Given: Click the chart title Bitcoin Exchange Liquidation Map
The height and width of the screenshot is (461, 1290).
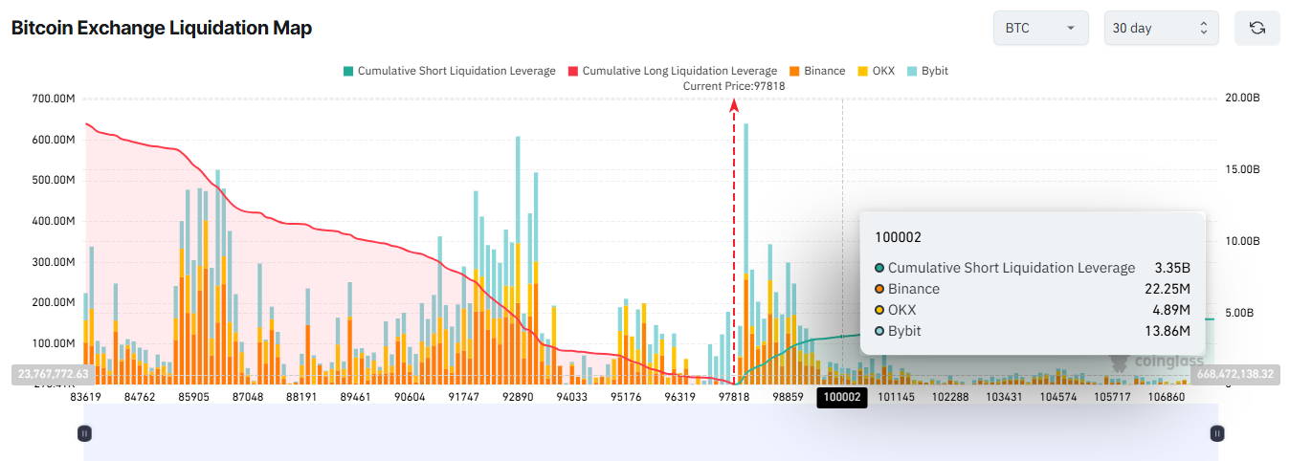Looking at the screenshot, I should pos(161,29).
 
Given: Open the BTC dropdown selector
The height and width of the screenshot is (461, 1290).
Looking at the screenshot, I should pos(1040,29).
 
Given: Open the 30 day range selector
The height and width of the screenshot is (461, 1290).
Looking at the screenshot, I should pos(1160,29).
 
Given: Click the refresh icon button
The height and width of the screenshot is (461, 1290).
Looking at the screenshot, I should pos(1257,29).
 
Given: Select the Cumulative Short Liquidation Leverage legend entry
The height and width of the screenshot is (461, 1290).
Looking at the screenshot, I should pos(449,71).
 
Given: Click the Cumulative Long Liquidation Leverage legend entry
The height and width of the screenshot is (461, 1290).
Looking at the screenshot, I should pos(672,71).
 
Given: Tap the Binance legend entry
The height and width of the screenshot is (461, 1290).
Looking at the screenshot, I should pos(817,71).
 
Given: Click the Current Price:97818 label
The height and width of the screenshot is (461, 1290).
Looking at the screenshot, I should pos(734,86).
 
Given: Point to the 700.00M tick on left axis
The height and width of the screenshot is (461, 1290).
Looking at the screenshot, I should pos(53,99).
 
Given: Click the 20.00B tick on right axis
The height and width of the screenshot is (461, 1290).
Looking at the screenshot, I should pos(1242,99).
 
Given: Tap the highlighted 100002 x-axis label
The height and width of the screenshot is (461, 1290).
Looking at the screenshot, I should pos(842,397).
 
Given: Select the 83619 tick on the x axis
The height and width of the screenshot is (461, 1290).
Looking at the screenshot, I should pos(86,397).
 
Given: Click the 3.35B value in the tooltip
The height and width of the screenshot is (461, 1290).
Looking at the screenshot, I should pos(1172,268).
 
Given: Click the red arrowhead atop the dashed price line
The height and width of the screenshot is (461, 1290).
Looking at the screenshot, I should pos(734,105).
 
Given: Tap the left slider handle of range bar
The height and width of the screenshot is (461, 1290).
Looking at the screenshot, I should pos(84,433).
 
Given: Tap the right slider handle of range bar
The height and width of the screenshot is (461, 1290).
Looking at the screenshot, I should pos(1217,433).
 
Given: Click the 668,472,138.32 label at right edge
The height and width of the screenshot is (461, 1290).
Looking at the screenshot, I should pos(1234,373).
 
